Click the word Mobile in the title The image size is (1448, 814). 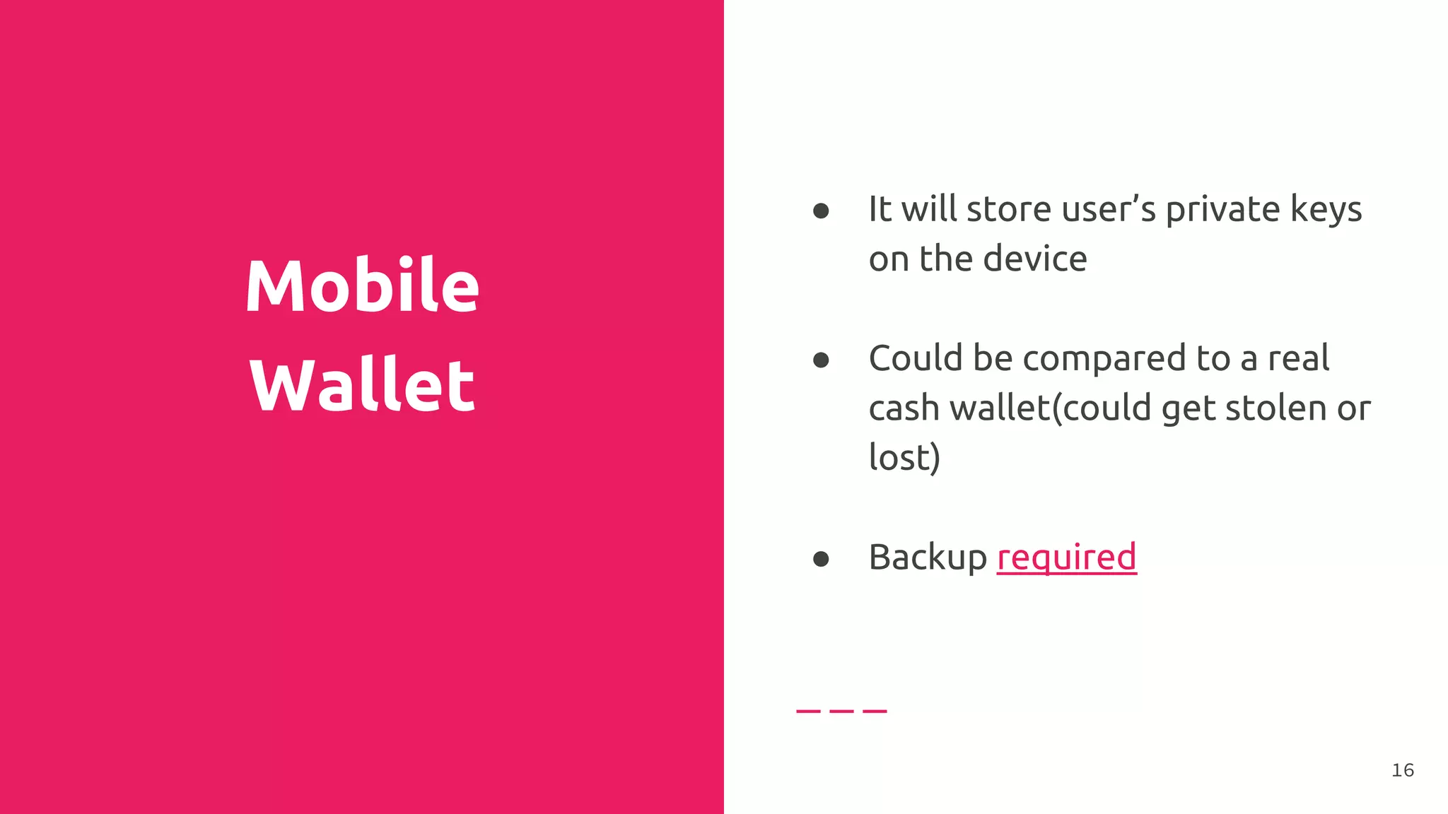pos(362,285)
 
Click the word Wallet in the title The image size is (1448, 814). pos(362,384)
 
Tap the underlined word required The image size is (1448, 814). pos(1066,558)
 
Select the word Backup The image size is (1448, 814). pos(928,558)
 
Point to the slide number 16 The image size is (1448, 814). pos(1403,770)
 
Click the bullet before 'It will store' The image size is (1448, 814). pos(821,211)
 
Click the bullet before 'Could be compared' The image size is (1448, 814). pos(821,360)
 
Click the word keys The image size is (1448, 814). pos(1326,210)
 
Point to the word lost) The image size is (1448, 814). pos(904,457)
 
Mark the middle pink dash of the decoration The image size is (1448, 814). pos(841,711)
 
